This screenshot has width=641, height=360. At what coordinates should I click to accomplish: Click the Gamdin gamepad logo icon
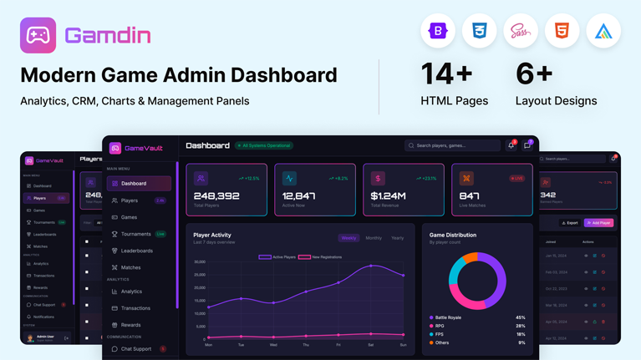pos(38,35)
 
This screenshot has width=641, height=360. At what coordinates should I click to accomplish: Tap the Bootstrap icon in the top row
pos(438,32)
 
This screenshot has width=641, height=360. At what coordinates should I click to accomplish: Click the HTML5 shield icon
pos(562,32)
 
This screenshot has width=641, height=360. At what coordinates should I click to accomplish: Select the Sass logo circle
pos(521,32)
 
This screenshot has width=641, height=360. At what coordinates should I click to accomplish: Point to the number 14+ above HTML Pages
pos(447,74)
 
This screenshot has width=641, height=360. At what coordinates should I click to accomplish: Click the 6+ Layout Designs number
pos(534,74)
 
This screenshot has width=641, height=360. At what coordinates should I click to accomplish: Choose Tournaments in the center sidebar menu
pos(135,234)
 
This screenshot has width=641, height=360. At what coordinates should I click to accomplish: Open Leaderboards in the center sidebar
pos(136,251)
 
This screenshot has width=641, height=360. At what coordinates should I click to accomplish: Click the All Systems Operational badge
pos(263,145)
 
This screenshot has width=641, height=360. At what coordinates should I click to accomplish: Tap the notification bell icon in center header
pos(511,145)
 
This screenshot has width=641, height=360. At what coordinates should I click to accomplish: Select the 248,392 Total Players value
pos(216,196)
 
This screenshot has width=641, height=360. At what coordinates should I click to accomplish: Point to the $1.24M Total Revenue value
pos(389,196)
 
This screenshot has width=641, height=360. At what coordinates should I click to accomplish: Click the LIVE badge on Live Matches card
pos(516,178)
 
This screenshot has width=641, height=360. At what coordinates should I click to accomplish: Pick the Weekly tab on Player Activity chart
pos(348,238)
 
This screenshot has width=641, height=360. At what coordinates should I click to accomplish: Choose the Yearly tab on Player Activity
pos(397,238)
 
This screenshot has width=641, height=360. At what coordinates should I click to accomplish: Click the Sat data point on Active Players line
pos(371,266)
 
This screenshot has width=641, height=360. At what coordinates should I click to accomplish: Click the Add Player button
pos(598,223)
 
